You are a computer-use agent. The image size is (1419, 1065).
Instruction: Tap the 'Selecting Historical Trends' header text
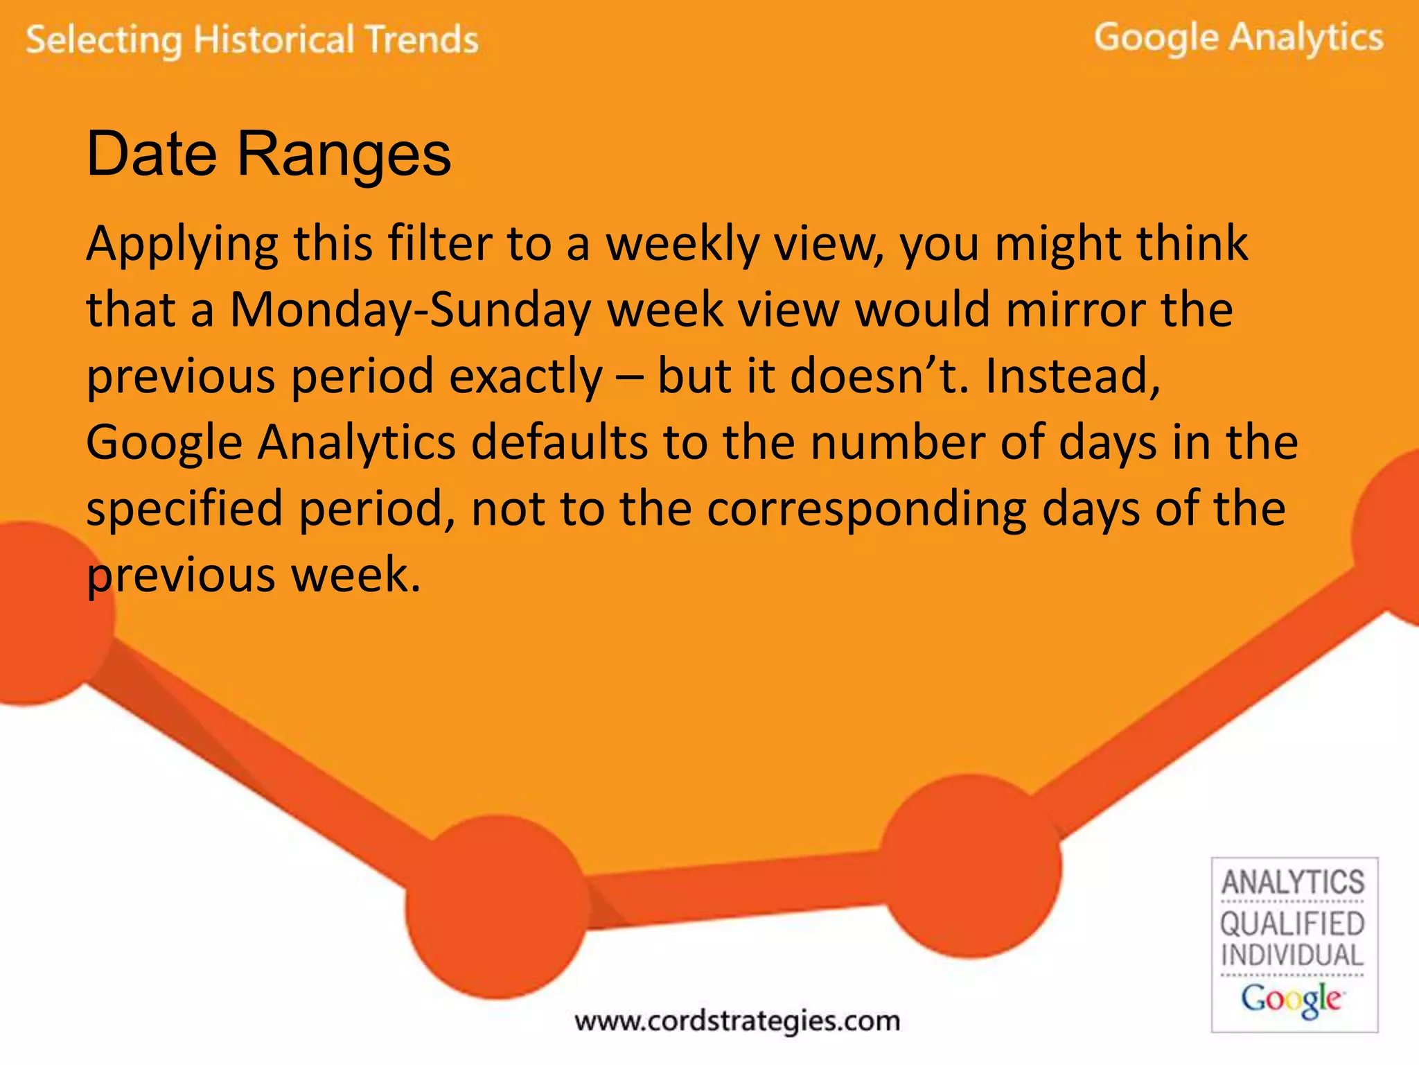coord(252,40)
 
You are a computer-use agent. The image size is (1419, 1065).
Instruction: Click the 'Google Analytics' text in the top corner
coord(1238,37)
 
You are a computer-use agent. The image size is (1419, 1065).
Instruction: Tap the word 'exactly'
coord(526,376)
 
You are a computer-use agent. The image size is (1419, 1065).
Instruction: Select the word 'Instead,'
coord(1073,376)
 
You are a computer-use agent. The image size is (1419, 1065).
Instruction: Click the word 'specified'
coord(184,509)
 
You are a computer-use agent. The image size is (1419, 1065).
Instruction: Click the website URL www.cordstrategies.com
coord(737,1021)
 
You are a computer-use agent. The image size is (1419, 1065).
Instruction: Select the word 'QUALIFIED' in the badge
coord(1293,924)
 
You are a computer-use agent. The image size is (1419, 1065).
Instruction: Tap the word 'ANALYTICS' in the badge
coord(1293,883)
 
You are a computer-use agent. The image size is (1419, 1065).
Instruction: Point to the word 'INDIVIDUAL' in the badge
coord(1293,955)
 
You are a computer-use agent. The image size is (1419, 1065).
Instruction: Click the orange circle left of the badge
coord(971,867)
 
